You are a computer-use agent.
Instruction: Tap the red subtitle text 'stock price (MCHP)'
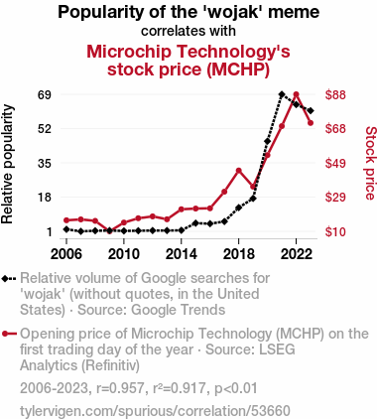(188, 70)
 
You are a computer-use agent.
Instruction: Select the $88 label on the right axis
(335, 95)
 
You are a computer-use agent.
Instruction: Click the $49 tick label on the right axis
(335, 163)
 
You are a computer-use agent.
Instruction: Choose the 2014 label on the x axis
(182, 254)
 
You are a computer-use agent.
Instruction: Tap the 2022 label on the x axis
(296, 254)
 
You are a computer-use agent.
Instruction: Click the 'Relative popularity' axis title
(7, 164)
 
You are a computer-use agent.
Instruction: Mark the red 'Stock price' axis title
(371, 163)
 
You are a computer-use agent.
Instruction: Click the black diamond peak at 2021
(282, 94)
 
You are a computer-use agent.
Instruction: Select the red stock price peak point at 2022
(296, 94)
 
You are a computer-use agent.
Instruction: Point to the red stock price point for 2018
(238, 171)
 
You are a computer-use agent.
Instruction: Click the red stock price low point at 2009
(109, 231)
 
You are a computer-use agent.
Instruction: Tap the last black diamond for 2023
(311, 110)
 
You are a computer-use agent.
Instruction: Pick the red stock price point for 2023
(311, 123)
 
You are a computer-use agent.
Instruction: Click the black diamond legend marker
(9, 279)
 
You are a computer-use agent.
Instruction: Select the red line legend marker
(9, 334)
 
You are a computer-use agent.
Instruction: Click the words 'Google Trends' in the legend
(179, 310)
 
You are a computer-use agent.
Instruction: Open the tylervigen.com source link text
(155, 411)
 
